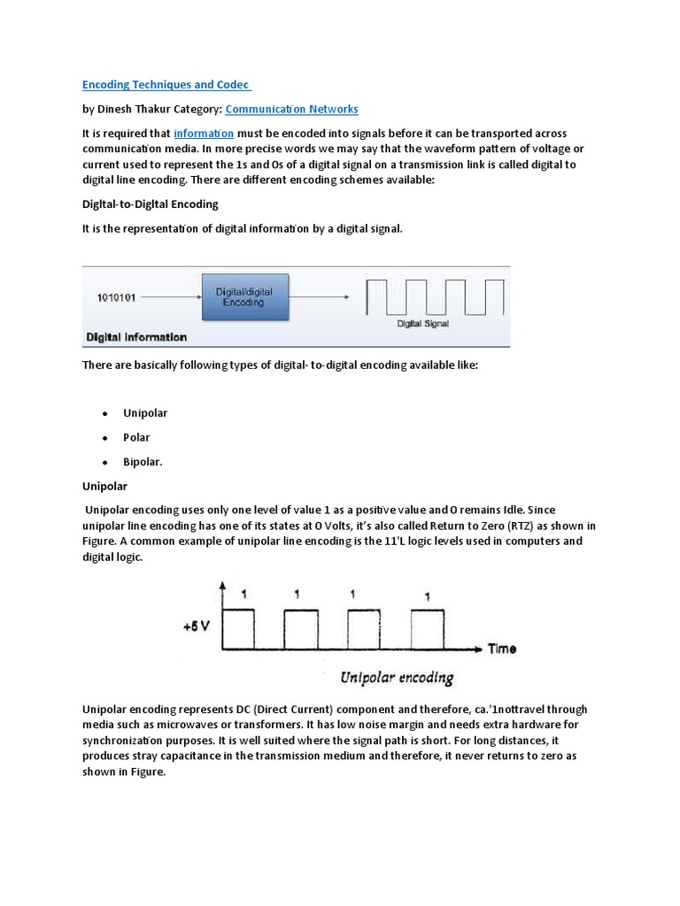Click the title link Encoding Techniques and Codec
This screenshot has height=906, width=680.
coord(166,85)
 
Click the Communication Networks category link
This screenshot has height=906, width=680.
coord(292,109)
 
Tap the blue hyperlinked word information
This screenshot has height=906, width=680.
coord(204,133)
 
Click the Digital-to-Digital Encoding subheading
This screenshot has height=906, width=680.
coord(150,204)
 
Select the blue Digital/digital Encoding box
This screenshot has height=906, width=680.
coord(245,296)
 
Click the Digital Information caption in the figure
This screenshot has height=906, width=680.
coord(136,337)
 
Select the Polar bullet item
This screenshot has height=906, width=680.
coord(136,437)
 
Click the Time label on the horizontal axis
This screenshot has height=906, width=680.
coord(502,649)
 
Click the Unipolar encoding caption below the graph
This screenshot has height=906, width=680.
coord(397,679)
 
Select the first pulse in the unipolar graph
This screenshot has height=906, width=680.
coord(238,628)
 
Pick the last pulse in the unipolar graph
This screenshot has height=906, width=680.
coord(427,628)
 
